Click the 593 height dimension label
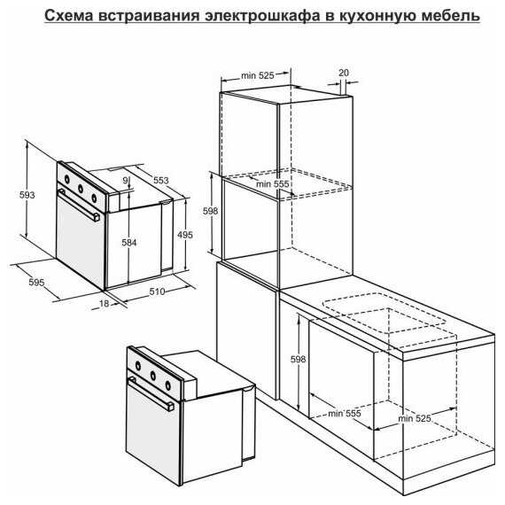click(x=27, y=195)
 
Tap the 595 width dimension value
click(x=36, y=282)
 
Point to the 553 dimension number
click(x=160, y=180)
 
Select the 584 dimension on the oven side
click(x=128, y=243)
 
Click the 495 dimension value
click(x=185, y=235)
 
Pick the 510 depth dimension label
click(x=157, y=291)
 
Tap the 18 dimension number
click(x=104, y=303)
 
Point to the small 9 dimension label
click(x=125, y=181)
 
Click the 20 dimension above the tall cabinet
click(x=344, y=73)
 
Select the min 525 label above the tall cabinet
click(x=257, y=75)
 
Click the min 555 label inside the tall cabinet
click(x=273, y=184)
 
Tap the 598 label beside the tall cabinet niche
click(x=210, y=211)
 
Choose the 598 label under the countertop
click(x=298, y=359)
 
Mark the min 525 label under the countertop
click(x=414, y=418)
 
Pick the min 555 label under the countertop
click(x=345, y=413)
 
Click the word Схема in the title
click(x=68, y=15)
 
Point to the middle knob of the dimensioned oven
click(x=81, y=188)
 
